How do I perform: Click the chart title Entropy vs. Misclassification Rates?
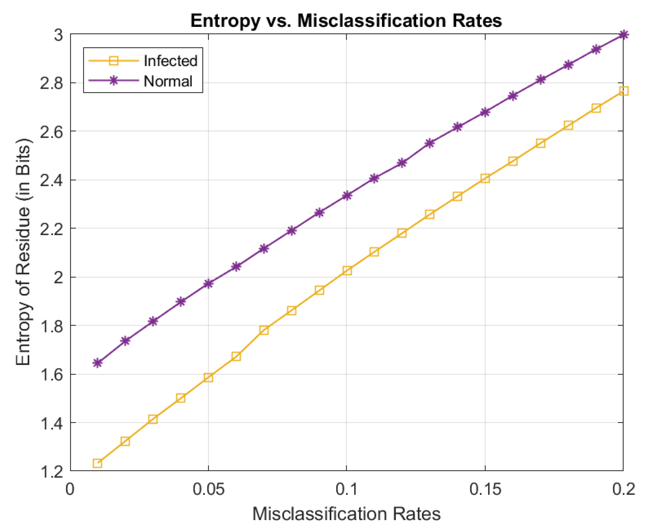(346, 20)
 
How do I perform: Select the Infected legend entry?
(170, 61)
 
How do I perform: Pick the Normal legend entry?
(168, 81)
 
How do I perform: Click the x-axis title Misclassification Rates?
(346, 513)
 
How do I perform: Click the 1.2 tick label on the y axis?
(52, 472)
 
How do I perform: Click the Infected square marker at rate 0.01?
(98, 463)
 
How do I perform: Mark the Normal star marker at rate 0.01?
(98, 363)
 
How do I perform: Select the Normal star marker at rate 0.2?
(623, 34)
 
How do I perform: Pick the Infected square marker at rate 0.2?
(623, 91)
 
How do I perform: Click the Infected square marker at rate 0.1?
(347, 271)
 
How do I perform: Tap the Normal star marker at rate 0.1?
(347, 195)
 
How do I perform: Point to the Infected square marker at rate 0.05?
(208, 378)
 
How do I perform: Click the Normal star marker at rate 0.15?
(485, 112)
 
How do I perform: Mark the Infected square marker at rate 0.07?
(264, 330)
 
